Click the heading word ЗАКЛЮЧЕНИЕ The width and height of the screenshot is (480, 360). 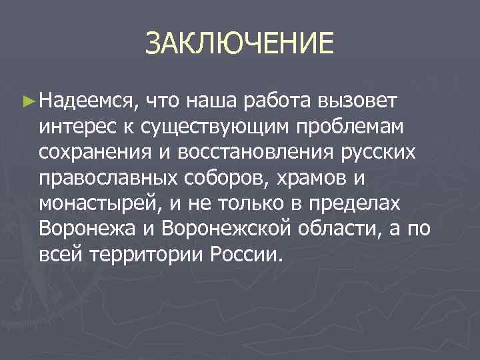(239, 45)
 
